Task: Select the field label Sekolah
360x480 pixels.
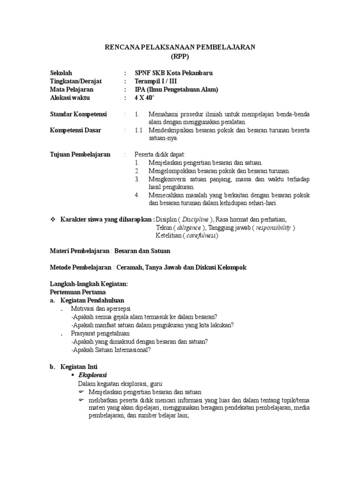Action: click(61, 73)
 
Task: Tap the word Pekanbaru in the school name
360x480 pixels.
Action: click(187, 73)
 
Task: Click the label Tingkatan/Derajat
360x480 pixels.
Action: click(75, 82)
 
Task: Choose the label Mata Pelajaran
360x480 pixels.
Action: click(72, 90)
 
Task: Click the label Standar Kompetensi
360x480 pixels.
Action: click(78, 114)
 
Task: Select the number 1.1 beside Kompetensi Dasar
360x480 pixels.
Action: click(138, 130)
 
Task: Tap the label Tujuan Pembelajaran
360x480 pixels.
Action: click(80, 154)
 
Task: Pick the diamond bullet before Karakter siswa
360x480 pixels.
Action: click(53, 219)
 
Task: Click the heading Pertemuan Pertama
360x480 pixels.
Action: click(74, 292)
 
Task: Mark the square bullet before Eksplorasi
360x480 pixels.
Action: click(72, 376)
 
